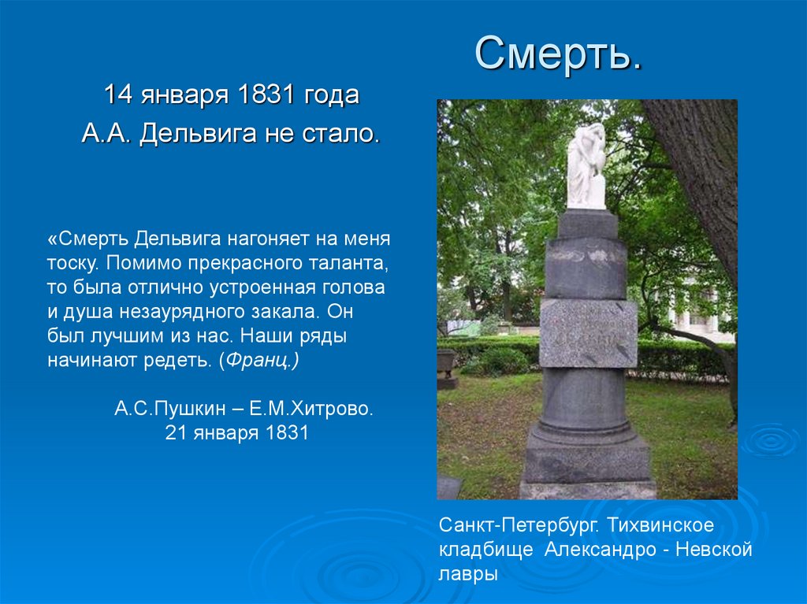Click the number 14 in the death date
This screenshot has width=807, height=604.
click(x=118, y=95)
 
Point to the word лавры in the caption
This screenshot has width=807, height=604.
click(x=467, y=574)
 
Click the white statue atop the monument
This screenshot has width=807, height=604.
click(x=586, y=165)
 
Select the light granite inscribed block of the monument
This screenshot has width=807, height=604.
click(x=588, y=333)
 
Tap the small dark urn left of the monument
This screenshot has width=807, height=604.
click(x=446, y=368)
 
